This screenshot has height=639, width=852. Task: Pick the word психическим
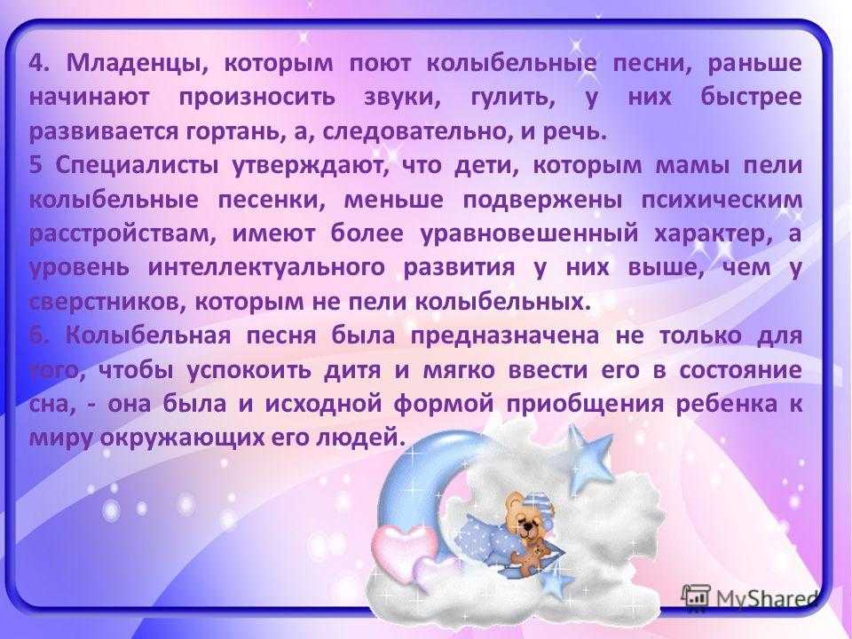click(x=722, y=201)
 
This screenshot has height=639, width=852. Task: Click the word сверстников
click(x=103, y=302)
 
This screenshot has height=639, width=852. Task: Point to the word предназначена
click(x=505, y=335)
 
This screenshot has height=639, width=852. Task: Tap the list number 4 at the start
click(x=38, y=64)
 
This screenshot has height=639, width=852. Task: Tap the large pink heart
click(x=401, y=548)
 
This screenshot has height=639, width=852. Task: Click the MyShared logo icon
click(x=696, y=596)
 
